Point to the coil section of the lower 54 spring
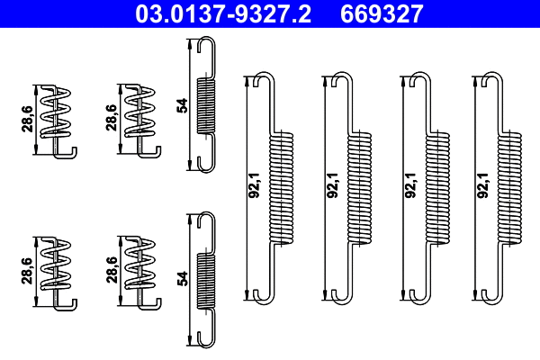(206, 280)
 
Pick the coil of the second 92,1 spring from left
(358, 187)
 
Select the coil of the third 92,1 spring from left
(436, 187)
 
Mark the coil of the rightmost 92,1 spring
(510, 187)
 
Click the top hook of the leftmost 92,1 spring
(259, 78)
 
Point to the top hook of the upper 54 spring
(204, 45)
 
